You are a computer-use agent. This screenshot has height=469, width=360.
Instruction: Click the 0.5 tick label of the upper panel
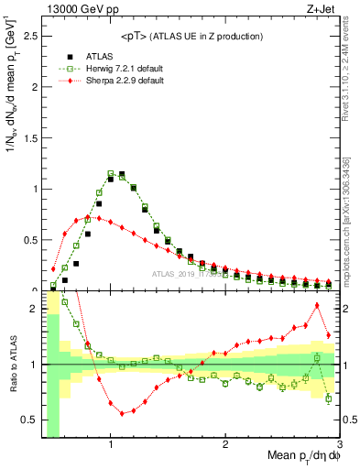pos(30,240)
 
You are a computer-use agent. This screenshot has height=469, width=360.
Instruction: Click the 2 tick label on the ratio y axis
pos(34,309)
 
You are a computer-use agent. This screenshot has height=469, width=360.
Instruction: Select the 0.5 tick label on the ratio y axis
pos(30,420)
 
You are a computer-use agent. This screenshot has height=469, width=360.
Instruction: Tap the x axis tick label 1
pos(111,442)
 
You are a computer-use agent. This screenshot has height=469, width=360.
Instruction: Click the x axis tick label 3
pos(338,442)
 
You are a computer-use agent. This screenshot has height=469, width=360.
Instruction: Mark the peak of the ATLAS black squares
pos(122,173)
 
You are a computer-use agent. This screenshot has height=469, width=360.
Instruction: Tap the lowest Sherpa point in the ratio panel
pos(122,413)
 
